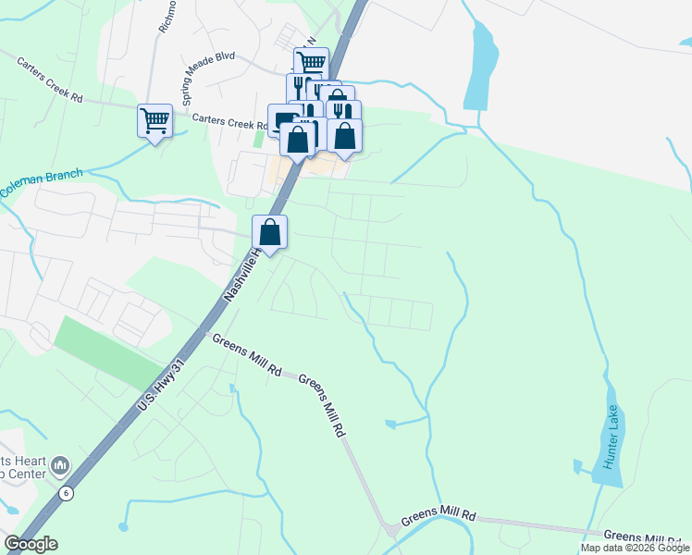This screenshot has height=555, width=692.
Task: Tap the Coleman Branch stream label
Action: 41,182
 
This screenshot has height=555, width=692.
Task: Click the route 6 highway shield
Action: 66,493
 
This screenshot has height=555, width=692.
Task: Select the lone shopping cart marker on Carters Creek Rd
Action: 154,120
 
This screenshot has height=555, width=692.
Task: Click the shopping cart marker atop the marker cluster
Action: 312,64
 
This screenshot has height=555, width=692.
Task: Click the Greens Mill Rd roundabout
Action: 393,531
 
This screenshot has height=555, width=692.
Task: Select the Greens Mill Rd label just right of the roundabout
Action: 439,516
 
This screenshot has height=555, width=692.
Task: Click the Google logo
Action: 30,544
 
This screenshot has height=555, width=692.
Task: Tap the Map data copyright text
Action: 635,548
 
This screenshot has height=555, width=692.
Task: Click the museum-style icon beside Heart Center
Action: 59,463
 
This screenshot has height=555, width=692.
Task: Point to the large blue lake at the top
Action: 480,65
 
